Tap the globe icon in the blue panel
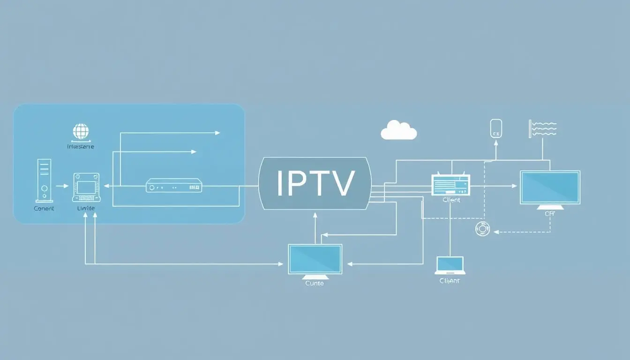pos(81,131)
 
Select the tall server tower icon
pos(45,180)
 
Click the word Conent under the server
pos(44,209)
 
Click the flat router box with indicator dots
pos(174,186)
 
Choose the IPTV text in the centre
pos(315,183)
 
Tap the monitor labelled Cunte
pos(315,259)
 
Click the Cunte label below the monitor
pos(315,283)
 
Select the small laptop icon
pos(450,265)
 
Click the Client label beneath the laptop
pos(450,281)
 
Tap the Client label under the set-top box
pos(451,200)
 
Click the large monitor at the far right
pos(550,187)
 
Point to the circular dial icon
pos(482,229)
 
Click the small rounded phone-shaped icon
pos(496,128)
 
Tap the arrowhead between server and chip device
pos(67,186)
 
